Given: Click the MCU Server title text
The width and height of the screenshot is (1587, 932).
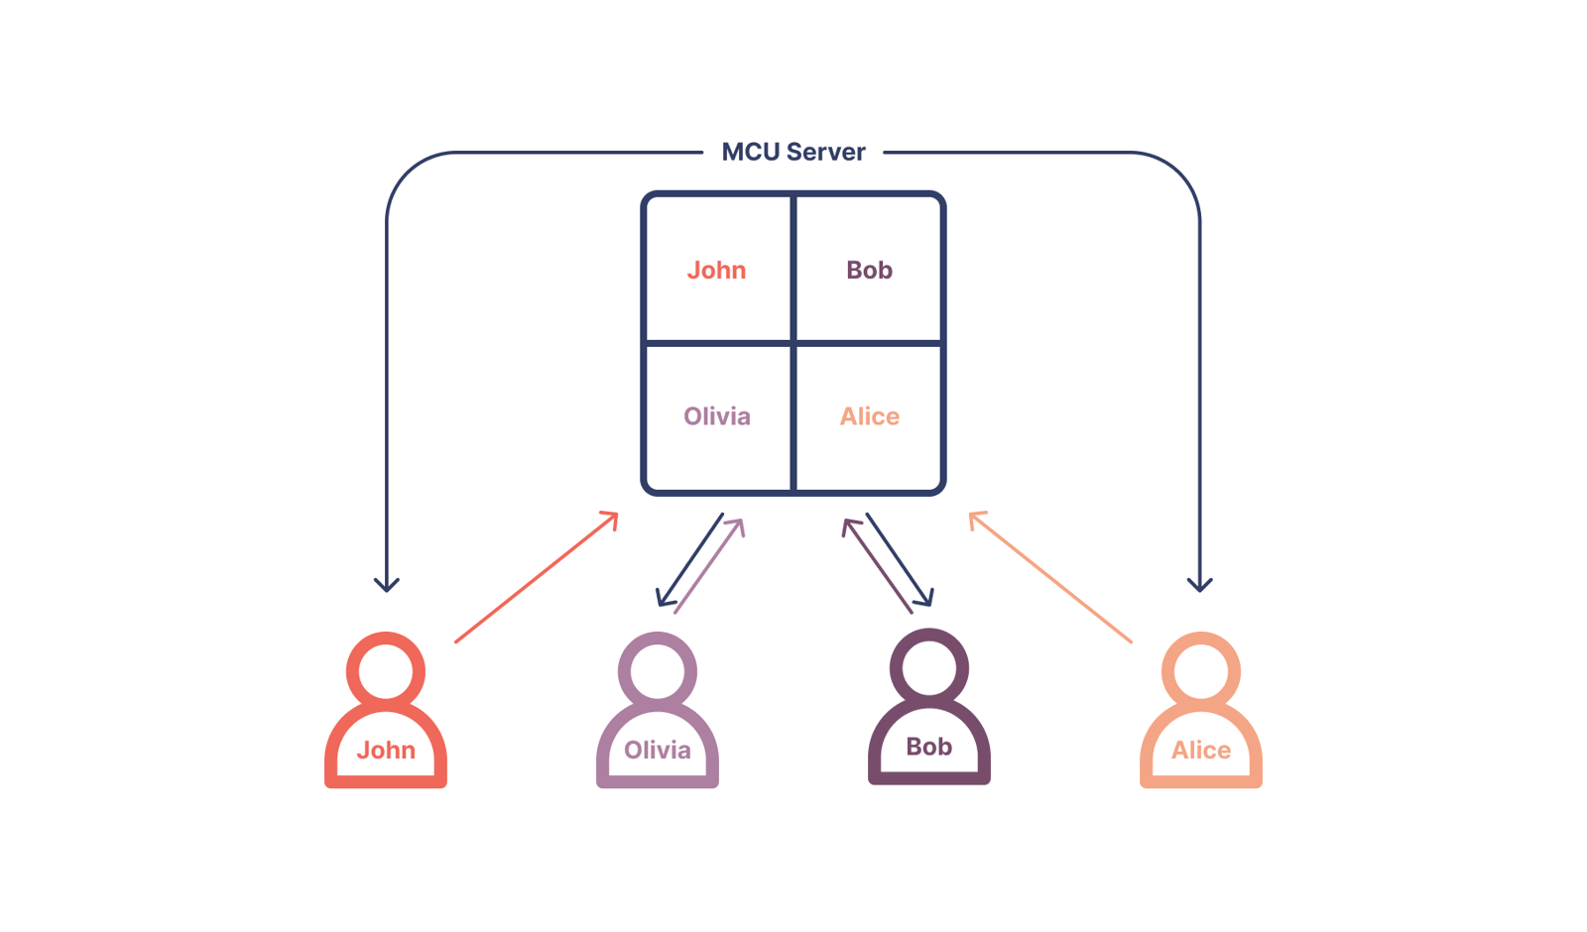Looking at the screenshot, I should (793, 152).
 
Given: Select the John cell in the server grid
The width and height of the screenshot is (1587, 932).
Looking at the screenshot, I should (717, 270).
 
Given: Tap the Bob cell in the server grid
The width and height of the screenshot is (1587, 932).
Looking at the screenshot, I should (869, 270).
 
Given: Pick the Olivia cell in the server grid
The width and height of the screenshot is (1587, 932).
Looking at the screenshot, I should (717, 416).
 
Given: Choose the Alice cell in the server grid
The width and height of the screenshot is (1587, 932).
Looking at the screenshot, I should (869, 416).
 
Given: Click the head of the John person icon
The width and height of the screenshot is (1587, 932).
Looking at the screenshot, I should (386, 671).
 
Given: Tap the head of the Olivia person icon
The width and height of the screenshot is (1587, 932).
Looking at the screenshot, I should (658, 671).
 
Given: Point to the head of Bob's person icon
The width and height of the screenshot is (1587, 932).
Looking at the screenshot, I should (929, 667).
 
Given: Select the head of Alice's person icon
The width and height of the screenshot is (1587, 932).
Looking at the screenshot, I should (1201, 671).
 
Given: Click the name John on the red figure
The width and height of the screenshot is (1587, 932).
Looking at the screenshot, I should (386, 751).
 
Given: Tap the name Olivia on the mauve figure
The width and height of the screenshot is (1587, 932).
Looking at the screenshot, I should (658, 751).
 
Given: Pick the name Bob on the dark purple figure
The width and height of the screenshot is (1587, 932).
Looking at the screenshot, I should (929, 747).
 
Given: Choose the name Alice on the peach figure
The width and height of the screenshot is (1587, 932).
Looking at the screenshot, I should (1201, 751).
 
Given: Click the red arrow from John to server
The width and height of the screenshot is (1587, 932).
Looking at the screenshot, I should (536, 578).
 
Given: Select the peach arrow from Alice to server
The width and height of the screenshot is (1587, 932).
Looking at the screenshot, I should (1051, 578).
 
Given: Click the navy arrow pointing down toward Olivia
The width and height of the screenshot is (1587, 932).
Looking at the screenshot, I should (689, 560).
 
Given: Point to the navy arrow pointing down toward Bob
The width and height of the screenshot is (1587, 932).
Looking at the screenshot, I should (899, 559).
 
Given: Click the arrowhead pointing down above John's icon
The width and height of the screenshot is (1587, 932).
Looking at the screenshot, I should (387, 584).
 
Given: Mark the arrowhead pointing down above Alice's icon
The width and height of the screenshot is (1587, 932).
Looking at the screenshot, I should (1200, 584).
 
